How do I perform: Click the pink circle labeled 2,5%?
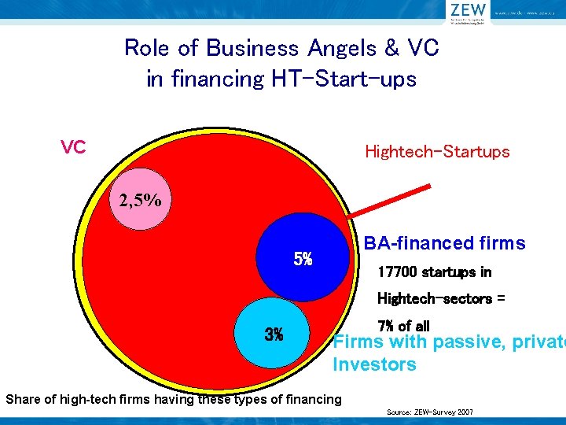[x=141, y=199]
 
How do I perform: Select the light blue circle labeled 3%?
[x=274, y=334]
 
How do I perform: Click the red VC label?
[x=73, y=147]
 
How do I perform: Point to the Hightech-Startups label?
[x=437, y=152]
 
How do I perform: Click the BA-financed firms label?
[x=444, y=243]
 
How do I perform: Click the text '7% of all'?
[x=404, y=325]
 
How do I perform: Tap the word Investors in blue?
[x=374, y=364]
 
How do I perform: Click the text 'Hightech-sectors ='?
[x=435, y=299]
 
